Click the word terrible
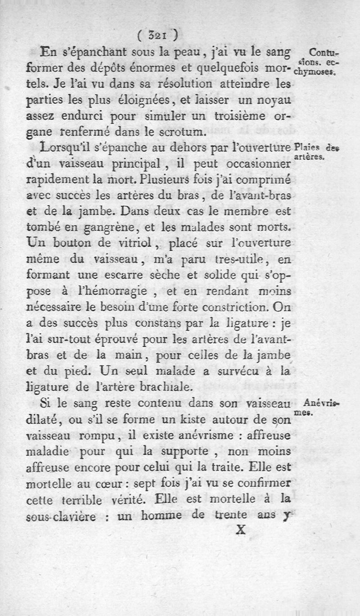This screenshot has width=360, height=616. (92, 501)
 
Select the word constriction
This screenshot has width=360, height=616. (248, 307)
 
